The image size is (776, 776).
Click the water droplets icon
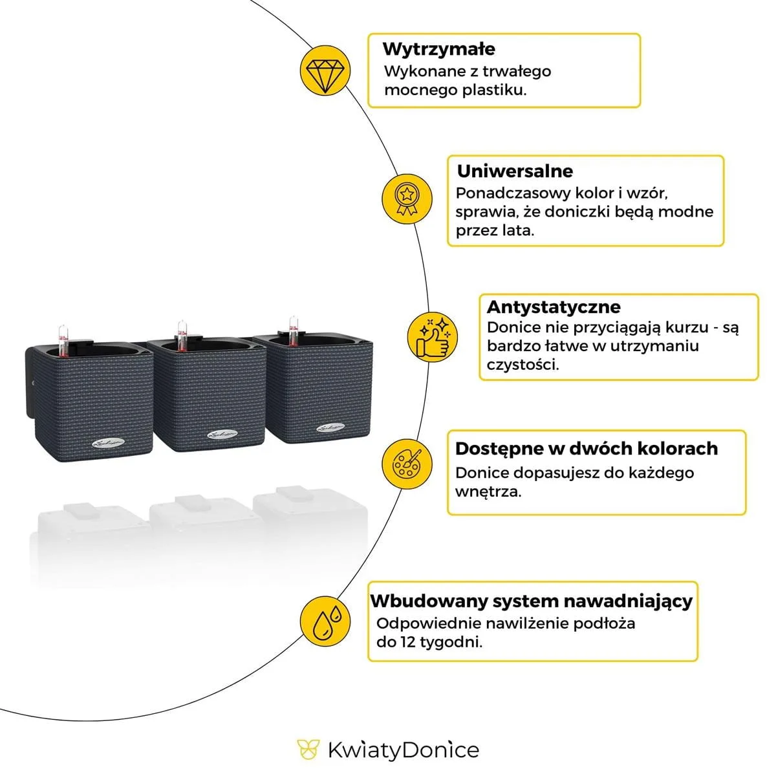325,621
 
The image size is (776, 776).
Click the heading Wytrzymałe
439,49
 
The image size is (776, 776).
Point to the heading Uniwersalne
515,171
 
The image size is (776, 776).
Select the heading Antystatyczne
554,307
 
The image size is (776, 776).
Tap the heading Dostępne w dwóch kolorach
587,449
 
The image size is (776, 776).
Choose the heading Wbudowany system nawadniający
531,601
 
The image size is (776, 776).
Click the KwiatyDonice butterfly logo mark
308,749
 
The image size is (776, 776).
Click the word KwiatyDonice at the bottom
404,750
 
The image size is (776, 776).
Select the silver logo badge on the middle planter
222,435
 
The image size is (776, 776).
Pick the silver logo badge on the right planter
330,427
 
